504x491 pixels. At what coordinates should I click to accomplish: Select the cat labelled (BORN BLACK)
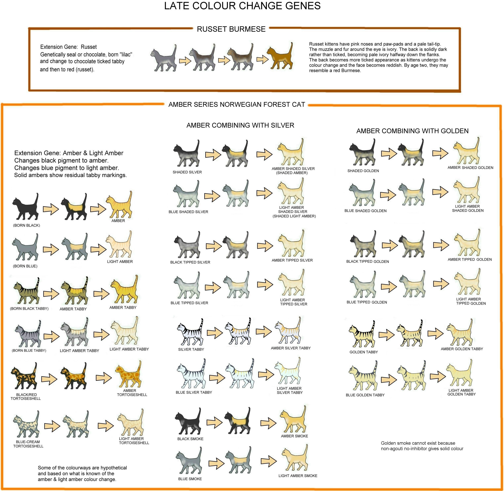coord(25,207)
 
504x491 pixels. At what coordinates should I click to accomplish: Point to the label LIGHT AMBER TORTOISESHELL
coord(134,441)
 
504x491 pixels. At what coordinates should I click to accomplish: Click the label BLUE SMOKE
coord(190,479)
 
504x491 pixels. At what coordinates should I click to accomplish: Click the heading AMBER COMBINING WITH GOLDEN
coord(412,131)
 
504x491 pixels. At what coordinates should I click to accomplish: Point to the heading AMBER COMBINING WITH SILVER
coord(240,125)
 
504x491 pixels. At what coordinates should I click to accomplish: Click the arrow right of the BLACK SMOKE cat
coord(215,422)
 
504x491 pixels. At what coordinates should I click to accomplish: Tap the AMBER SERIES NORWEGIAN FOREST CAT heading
coord(237,105)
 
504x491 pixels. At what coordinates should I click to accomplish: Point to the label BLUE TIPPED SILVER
coord(189,303)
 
